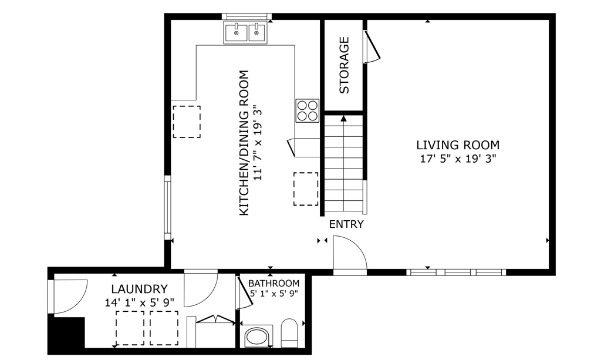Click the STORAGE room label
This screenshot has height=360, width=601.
pyautogui.click(x=345, y=65)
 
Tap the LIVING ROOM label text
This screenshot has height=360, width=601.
pyautogui.click(x=458, y=145)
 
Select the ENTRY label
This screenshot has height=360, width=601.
pyautogui.click(x=346, y=224)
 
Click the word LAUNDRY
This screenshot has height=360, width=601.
pyautogui.click(x=140, y=289)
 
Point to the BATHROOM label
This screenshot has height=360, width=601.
pyautogui.click(x=274, y=283)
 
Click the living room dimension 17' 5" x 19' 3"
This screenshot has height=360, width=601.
pyautogui.click(x=458, y=159)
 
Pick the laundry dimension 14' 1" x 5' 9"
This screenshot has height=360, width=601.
pyautogui.click(x=140, y=303)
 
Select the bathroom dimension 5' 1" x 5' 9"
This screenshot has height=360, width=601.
pyautogui.click(x=274, y=294)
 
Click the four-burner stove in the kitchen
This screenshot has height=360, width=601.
pyautogui.click(x=308, y=111)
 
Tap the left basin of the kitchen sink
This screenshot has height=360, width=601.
pyautogui.click(x=236, y=32)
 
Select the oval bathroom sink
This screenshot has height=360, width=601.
pyautogui.click(x=257, y=337)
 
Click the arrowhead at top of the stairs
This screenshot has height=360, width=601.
pyautogui.click(x=344, y=119)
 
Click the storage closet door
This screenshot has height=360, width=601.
pyautogui.click(x=372, y=46)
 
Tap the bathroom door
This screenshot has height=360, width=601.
pyautogui.click(x=245, y=291)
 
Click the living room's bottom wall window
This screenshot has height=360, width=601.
pyautogui.click(x=456, y=272)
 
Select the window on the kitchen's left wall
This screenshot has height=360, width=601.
pyautogui.click(x=167, y=207)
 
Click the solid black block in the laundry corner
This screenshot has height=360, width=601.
pyautogui.click(x=66, y=332)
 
